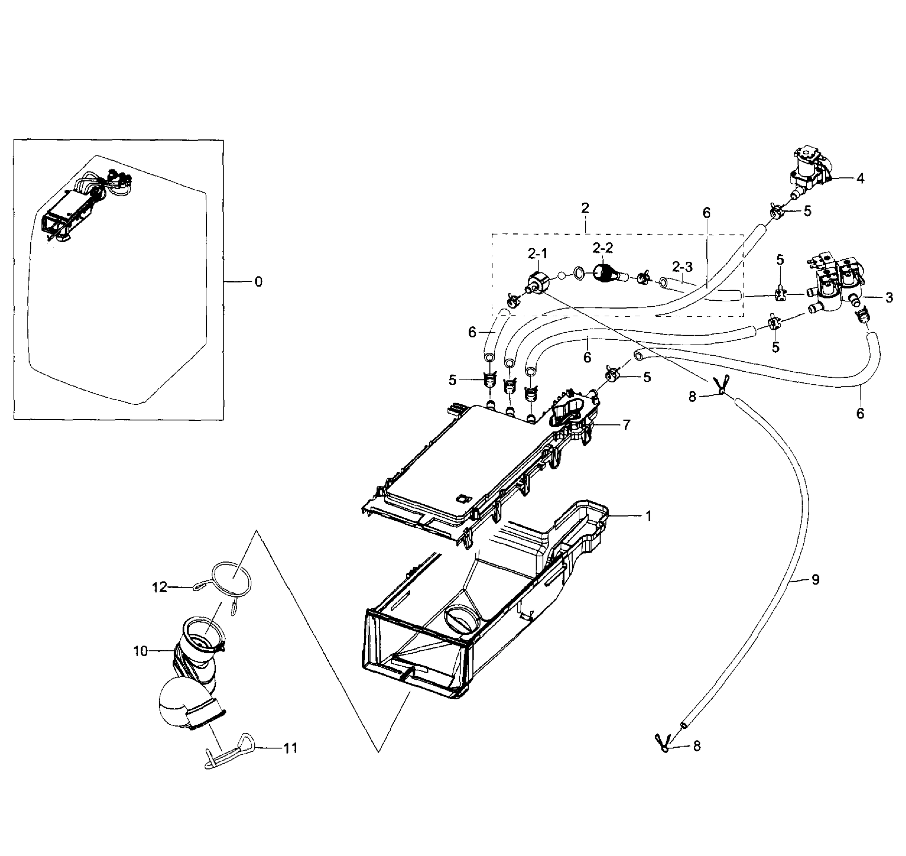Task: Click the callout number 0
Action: pyautogui.click(x=258, y=282)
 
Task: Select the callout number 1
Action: pyautogui.click(x=648, y=516)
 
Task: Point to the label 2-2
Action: pyautogui.click(x=603, y=248)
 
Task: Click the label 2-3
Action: pyautogui.click(x=682, y=266)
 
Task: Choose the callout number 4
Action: pyautogui.click(x=860, y=178)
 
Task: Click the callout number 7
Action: pyautogui.click(x=626, y=425)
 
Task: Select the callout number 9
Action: pyautogui.click(x=815, y=580)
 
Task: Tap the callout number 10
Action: pyautogui.click(x=140, y=651)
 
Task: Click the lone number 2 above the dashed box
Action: pyautogui.click(x=585, y=208)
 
